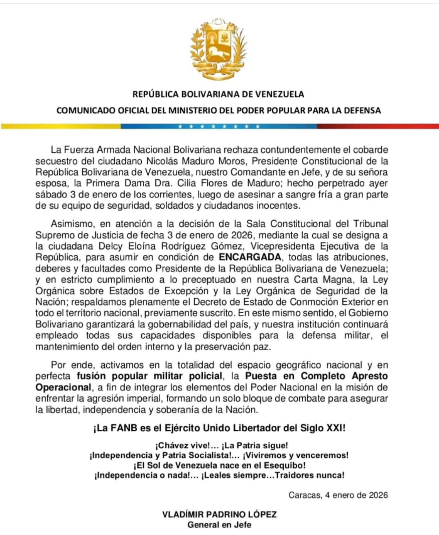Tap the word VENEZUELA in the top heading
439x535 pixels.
[x=279, y=94]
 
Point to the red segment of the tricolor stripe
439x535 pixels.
[x=378, y=126]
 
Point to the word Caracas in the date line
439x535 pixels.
[x=304, y=495]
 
